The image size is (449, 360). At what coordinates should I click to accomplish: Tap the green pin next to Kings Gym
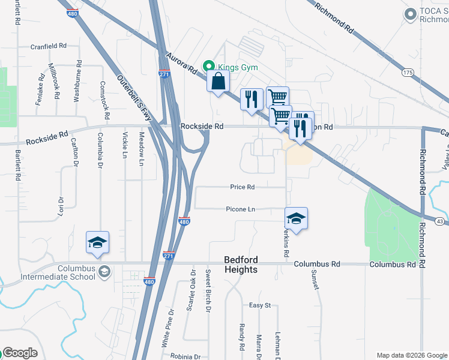coord(209,67)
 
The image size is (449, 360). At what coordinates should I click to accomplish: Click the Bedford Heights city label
coord(241,265)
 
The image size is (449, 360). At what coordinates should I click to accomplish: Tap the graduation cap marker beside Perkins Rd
coord(297,218)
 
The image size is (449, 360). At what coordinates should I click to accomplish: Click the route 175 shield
coord(408,73)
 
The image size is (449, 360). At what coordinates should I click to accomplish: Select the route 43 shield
coord(440,221)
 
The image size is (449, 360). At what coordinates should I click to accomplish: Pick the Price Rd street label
coord(243,187)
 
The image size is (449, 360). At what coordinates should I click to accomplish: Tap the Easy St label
coord(260,305)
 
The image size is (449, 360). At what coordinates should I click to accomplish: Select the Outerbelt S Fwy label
coord(135,99)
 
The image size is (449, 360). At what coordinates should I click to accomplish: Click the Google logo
coord(19,353)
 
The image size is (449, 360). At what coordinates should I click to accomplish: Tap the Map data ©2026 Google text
coord(411,355)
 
